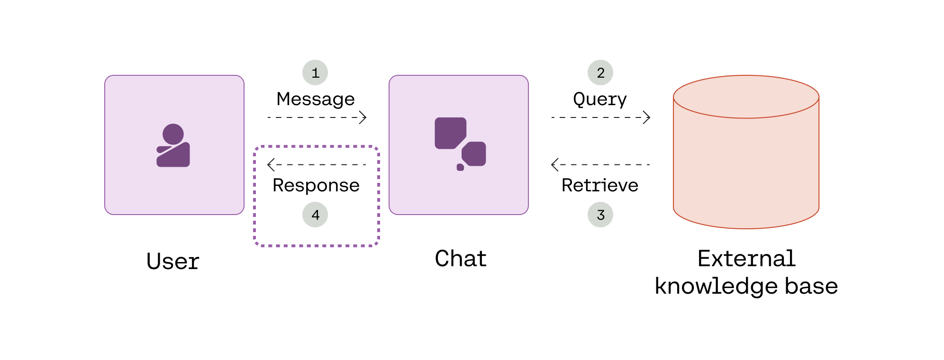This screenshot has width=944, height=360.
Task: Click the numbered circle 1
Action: pos(315,72)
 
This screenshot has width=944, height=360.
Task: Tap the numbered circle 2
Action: pos(600,72)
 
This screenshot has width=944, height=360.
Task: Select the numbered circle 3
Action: pos(600,215)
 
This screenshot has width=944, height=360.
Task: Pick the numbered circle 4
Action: pos(315,215)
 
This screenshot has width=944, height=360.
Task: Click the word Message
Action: pos(316,99)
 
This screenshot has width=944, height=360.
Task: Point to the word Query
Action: pos(600,99)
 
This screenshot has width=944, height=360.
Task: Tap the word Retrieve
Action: pos(600,185)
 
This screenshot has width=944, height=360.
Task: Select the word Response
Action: pos(316,186)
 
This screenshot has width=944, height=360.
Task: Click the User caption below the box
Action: pos(173,261)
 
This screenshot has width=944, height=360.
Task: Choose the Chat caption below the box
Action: pos(461,259)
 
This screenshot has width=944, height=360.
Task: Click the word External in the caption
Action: pos(746,259)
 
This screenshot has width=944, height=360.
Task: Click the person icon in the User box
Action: pos(173,145)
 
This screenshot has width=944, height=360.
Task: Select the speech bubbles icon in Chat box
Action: pos(460,144)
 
